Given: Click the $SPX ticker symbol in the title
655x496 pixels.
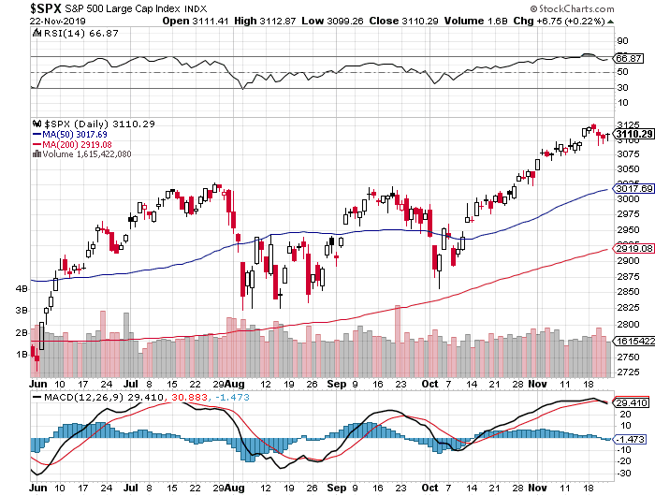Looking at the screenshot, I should [47, 7].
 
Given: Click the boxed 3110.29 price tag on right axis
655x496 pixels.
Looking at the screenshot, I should [633, 134].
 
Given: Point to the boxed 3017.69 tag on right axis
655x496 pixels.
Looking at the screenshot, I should [633, 189].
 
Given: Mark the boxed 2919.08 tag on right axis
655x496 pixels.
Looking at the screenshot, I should [633, 248].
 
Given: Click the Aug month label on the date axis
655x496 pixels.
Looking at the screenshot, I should [237, 384].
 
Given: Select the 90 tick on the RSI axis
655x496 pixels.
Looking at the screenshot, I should [619, 41].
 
